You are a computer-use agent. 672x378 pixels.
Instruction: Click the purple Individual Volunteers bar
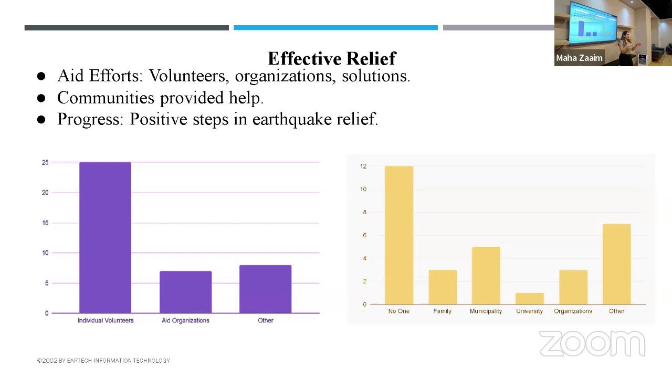[105, 237]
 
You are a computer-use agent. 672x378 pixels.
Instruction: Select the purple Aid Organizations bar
[185, 292]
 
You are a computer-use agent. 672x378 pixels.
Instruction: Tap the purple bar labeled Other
[265, 289]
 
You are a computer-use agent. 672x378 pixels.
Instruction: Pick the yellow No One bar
[399, 235]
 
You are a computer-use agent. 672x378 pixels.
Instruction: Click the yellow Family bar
[443, 287]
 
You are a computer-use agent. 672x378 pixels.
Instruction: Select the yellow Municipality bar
[486, 276]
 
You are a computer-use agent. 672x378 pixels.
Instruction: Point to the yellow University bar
[529, 299]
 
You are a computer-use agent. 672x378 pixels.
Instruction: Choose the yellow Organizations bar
[573, 287]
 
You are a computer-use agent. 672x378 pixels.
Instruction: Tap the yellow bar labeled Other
[616, 264]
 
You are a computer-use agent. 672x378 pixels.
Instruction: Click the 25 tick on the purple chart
[45, 163]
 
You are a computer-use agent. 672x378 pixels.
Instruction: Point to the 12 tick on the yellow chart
[363, 166]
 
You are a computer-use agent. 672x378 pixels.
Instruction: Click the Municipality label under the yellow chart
[486, 311]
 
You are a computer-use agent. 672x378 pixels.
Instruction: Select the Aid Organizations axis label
[185, 320]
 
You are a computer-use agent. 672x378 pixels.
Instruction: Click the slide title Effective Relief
[332, 58]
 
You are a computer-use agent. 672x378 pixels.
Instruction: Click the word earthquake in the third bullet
[283, 119]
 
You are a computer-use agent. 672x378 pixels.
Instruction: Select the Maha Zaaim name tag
[579, 58]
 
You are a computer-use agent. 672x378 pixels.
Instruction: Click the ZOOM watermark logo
[592, 344]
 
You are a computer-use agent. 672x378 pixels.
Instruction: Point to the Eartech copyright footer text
[103, 361]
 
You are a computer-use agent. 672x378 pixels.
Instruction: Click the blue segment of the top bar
[335, 28]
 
